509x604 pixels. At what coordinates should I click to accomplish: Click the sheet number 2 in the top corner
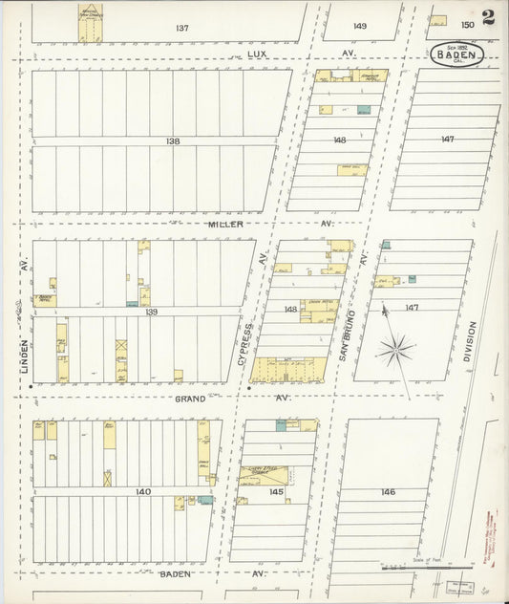[488, 16]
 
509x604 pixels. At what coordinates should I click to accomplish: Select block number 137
[181, 28]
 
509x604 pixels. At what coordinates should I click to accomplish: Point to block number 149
[359, 26]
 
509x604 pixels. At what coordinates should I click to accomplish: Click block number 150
[468, 24]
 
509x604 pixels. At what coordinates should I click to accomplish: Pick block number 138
[172, 140]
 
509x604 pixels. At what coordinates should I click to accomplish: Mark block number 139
[151, 312]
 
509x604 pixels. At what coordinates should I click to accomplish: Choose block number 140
[143, 491]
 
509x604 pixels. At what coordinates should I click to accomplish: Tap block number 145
[276, 491]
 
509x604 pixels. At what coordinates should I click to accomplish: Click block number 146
[387, 491]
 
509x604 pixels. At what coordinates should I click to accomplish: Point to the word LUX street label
[256, 54]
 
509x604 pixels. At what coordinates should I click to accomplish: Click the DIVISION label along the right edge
[468, 344]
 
